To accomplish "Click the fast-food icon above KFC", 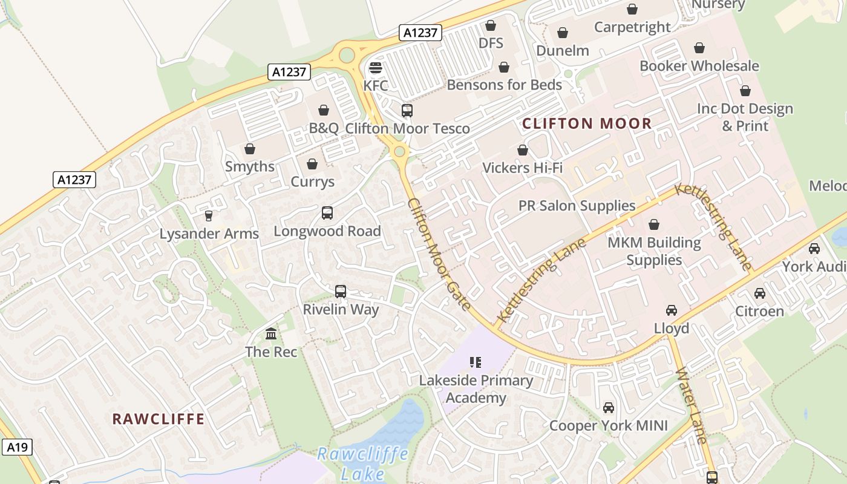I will [x=376, y=67].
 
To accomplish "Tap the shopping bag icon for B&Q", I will [x=324, y=110].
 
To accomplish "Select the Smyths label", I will [x=250, y=166].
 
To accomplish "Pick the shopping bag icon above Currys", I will [x=312, y=164].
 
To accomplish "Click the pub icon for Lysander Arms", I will [x=209, y=216].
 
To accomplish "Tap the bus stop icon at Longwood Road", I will [x=327, y=213].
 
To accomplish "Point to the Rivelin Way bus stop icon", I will [x=341, y=292].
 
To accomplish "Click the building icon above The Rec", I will [x=271, y=334].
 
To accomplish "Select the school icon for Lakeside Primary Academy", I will [x=476, y=362].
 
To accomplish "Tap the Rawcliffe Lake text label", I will [x=363, y=463].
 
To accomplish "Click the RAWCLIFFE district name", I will [x=159, y=419].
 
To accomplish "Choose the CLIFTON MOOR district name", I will [x=587, y=124].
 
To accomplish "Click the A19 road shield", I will [x=16, y=447].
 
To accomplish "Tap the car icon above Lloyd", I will [x=671, y=310].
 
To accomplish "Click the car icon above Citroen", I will [x=759, y=293].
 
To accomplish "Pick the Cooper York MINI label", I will [x=608, y=426].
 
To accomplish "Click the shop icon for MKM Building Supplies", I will [x=654, y=225].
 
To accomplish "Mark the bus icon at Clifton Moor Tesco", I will [x=407, y=111].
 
